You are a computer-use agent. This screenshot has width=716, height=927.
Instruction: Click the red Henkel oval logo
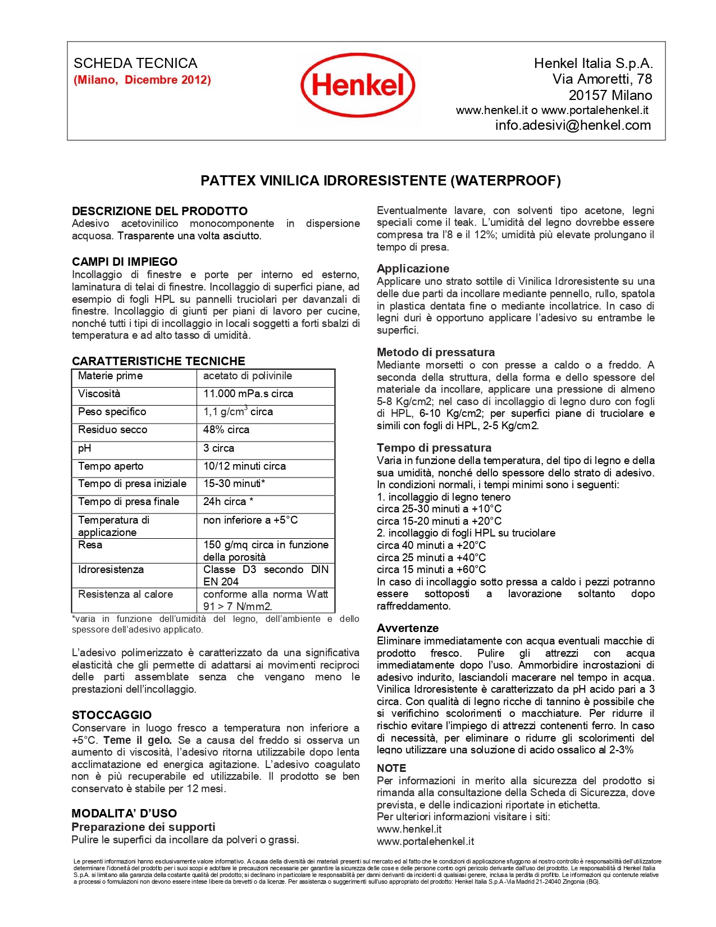click(358, 85)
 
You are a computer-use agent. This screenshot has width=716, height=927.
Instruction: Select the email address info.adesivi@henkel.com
click(573, 125)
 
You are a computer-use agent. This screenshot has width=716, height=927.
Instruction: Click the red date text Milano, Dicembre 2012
click(142, 80)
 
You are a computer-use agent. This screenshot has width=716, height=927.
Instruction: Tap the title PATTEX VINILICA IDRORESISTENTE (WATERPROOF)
click(380, 180)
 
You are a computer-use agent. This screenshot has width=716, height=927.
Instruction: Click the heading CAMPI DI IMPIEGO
click(124, 262)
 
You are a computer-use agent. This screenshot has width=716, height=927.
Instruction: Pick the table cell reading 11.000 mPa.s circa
click(248, 394)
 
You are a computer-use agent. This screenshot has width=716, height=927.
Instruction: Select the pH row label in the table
click(84, 448)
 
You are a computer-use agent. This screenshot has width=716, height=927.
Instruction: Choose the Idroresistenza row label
click(111, 570)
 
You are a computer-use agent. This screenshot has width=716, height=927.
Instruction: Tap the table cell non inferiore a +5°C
click(250, 520)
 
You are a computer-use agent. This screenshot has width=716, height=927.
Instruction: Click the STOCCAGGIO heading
click(111, 715)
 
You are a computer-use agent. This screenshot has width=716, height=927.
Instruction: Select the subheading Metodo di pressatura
click(435, 352)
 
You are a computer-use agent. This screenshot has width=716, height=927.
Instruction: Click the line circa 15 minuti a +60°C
click(431, 570)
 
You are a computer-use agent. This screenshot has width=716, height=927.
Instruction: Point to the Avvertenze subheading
click(407, 628)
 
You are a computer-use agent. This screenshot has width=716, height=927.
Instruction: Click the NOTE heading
click(391, 768)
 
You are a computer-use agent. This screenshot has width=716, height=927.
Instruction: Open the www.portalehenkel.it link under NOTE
click(425, 841)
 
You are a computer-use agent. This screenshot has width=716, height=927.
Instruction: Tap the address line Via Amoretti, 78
click(602, 79)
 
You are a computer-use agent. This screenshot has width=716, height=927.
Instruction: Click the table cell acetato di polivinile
click(247, 376)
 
